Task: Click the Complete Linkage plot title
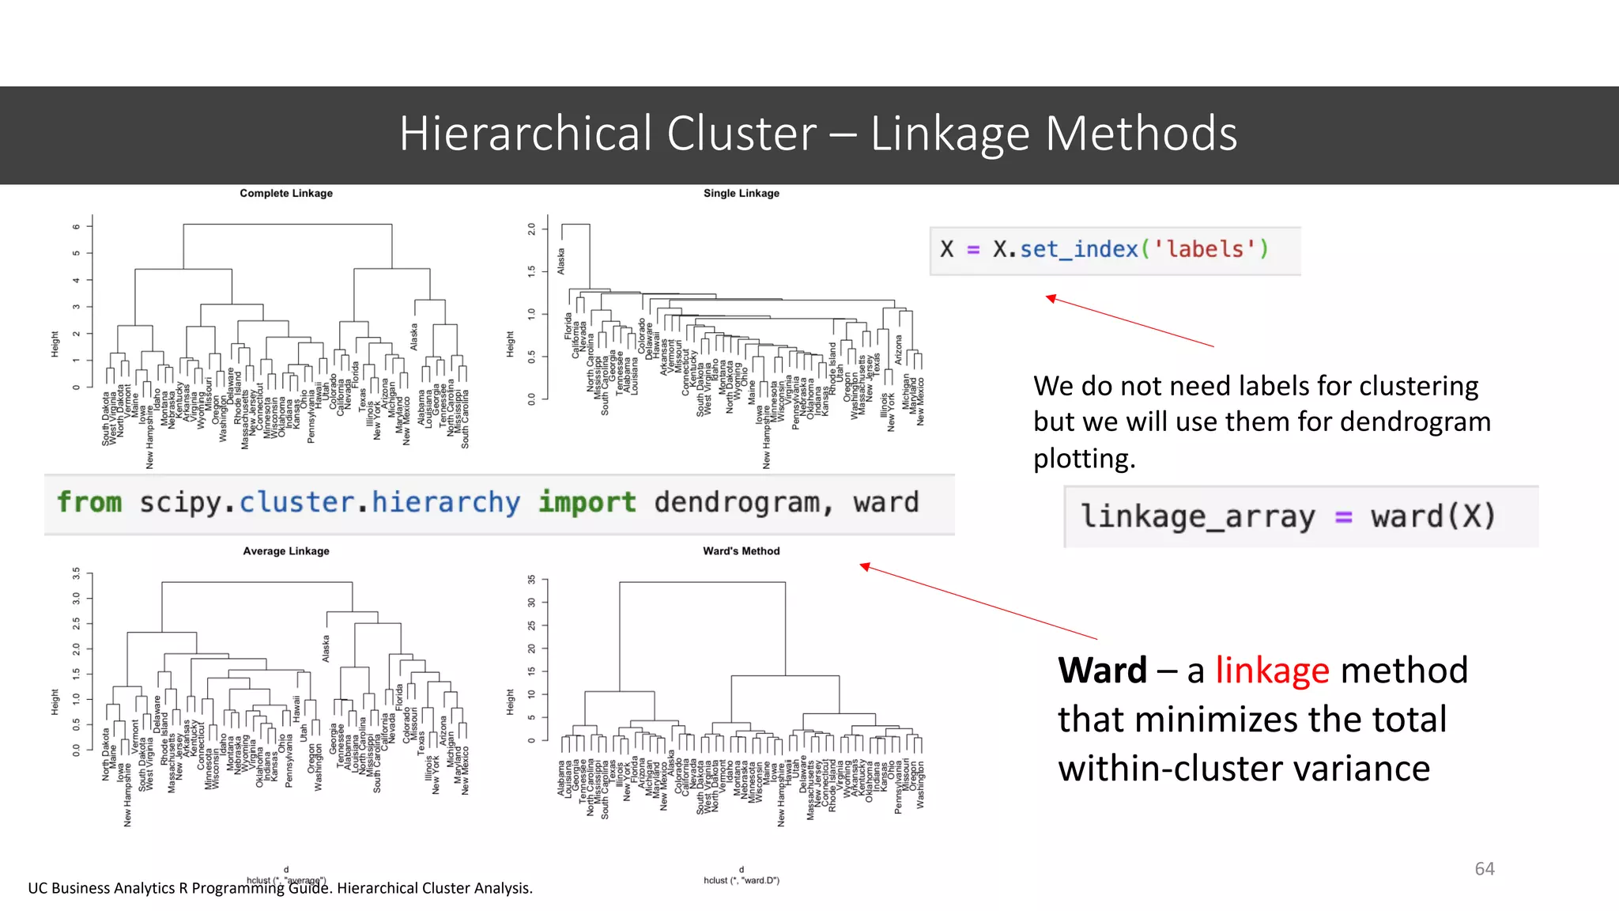(x=286, y=193)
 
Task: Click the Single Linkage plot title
(x=741, y=193)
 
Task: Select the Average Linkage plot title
(x=286, y=551)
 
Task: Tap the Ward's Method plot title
(x=741, y=551)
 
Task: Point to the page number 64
(x=1485, y=868)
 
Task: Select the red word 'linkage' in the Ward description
(x=1272, y=671)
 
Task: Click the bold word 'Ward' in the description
(x=1102, y=671)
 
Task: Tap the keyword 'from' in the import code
(x=89, y=502)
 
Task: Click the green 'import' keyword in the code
(x=587, y=502)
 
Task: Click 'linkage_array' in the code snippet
(x=1198, y=516)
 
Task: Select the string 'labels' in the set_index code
(x=1205, y=249)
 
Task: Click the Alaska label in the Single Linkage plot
(x=561, y=261)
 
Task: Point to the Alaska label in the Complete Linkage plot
(x=413, y=337)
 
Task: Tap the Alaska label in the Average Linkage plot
(x=326, y=648)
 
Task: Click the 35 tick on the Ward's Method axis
(x=532, y=580)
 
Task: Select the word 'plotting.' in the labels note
(x=1084, y=459)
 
